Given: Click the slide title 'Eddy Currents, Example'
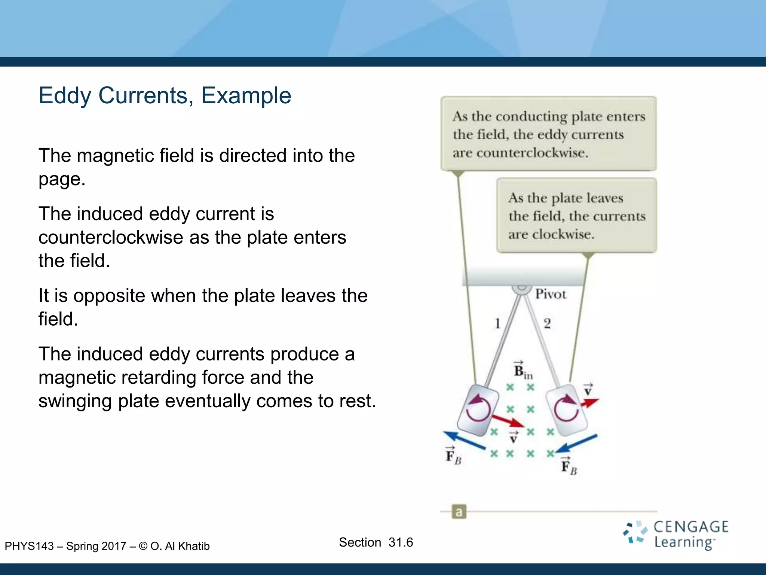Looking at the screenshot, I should (165, 96).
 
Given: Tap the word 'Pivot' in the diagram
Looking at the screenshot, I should (551, 294).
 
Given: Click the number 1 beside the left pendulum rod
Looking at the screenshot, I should (497, 323).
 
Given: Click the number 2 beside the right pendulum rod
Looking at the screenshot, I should (547, 323).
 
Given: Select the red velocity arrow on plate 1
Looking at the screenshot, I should (507, 421).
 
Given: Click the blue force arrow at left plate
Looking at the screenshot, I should (464, 441).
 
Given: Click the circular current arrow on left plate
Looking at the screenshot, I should (478, 409).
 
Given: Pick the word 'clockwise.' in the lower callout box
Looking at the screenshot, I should (563, 234).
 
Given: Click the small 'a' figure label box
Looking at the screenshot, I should (459, 512).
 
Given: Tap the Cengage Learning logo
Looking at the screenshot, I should (676, 535).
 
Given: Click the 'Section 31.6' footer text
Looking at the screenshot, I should (376, 542).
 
